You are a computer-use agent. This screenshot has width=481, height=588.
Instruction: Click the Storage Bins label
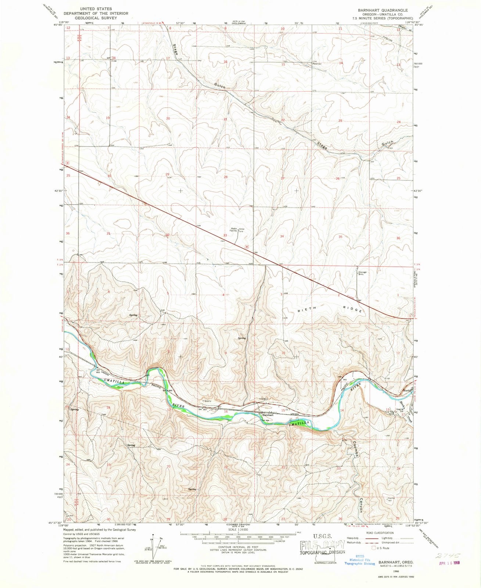pos(363,273)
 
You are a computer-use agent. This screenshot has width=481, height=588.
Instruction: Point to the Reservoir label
pos(317,64)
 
